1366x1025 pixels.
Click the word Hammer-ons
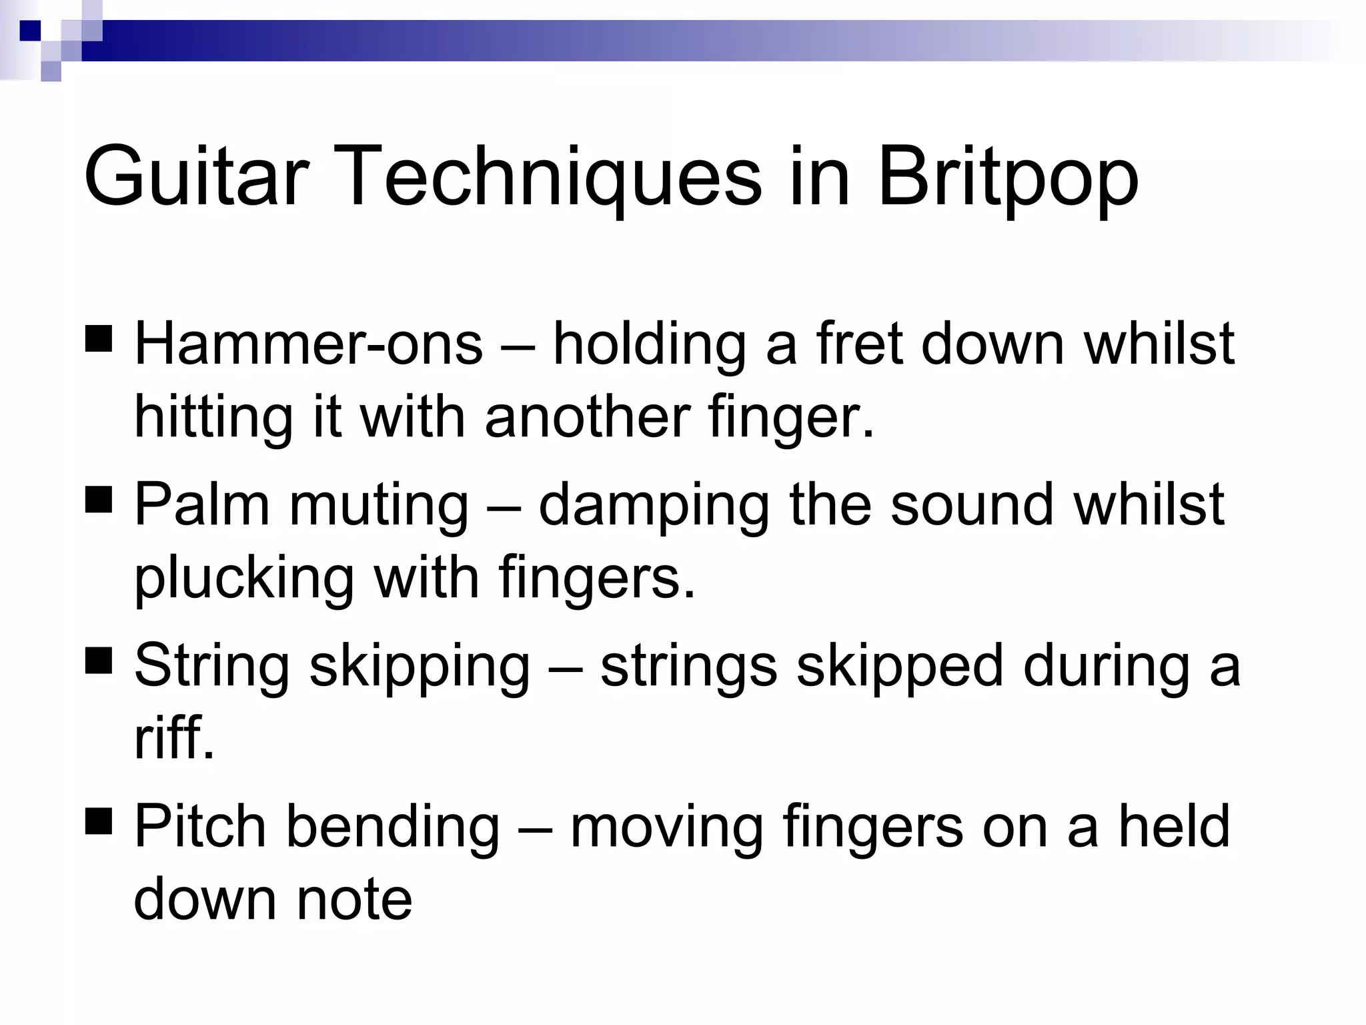(x=308, y=344)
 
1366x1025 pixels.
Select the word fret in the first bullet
(x=860, y=344)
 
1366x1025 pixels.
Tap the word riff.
(x=174, y=738)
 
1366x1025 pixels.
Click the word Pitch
(x=200, y=826)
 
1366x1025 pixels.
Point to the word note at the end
(x=354, y=900)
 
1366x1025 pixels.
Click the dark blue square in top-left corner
(x=30, y=31)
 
